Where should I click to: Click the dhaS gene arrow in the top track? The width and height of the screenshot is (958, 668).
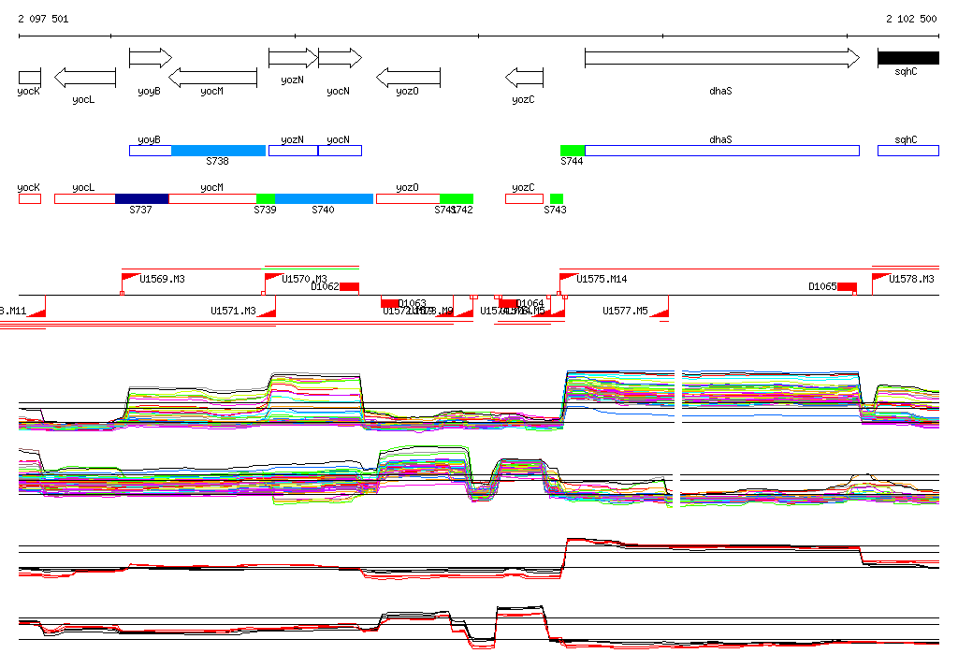720,58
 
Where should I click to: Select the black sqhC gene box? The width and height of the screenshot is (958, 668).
907,58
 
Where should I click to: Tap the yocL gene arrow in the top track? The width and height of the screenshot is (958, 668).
84,78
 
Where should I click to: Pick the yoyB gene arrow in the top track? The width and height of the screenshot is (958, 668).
150,58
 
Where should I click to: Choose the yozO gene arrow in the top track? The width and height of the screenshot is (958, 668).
408,78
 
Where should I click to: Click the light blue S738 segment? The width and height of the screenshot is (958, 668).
218,151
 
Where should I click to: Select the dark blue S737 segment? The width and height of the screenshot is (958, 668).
141,198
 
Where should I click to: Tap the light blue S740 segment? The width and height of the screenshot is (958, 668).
324,198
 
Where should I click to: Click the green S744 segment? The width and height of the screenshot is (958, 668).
573,151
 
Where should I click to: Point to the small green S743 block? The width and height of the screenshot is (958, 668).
557,198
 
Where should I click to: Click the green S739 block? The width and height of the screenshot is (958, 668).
265,198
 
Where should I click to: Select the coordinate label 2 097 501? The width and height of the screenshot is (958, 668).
43,19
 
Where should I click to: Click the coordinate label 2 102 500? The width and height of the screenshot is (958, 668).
911,19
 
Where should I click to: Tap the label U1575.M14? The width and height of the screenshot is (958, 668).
602,279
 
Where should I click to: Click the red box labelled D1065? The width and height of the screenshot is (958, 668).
847,286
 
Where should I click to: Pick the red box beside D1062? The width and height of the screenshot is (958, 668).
349,286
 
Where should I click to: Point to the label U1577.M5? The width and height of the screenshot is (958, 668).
625,311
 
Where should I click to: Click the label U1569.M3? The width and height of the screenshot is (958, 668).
162,279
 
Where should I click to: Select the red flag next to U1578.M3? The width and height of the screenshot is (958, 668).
879,278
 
